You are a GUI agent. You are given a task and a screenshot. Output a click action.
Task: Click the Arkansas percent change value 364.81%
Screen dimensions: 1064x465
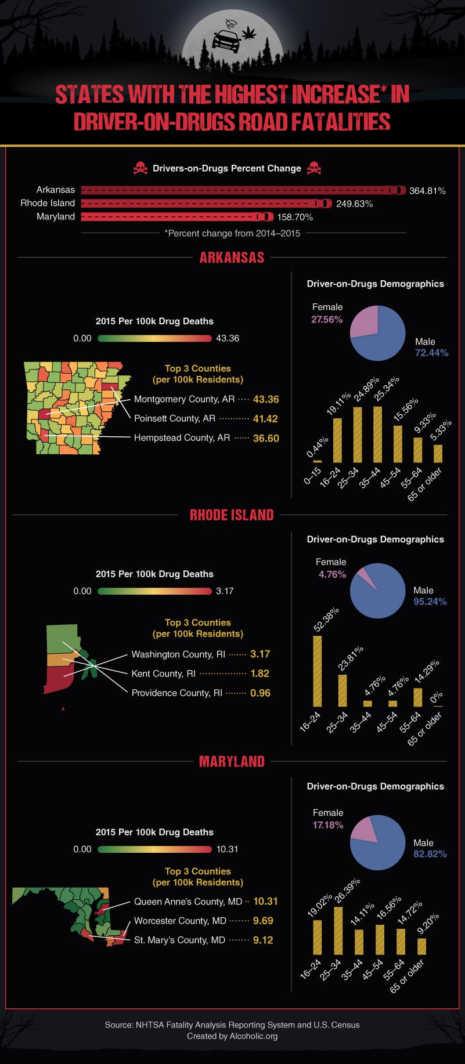pos(427,190)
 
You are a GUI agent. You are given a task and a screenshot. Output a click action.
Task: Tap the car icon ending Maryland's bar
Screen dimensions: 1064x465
pos(265,216)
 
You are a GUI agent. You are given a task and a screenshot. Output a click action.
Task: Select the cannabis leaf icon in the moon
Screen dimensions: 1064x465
pos(249,32)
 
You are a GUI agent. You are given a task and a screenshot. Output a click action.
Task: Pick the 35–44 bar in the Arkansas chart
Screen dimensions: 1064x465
pos(377,434)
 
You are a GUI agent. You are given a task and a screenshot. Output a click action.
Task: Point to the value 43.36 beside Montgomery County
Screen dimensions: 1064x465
pos(266,399)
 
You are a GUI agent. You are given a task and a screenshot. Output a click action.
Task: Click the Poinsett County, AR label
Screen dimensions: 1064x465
pos(174,418)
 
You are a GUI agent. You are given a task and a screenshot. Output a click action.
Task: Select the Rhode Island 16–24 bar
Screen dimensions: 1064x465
pos(318,671)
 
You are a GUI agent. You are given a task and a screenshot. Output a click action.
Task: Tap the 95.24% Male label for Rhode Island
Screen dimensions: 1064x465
pos(430,602)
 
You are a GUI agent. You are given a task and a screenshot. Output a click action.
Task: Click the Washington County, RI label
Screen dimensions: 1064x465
pos(178,654)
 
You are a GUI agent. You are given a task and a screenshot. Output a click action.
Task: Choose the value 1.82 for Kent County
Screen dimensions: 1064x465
pos(260,673)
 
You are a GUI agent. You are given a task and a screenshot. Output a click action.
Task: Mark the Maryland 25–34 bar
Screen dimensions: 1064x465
pos(338,930)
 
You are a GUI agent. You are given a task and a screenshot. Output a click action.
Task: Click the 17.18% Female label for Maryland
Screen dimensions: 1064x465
pos(328,825)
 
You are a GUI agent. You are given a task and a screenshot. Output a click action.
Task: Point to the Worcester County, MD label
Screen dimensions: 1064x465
pos(180,921)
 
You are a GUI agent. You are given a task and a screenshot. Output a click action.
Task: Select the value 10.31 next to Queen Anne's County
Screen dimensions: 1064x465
pos(265,901)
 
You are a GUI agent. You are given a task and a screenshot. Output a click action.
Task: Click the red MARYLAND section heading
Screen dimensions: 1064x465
pos(232,761)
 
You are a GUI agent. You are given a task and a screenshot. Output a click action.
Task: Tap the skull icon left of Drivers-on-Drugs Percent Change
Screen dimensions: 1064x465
pos(140,169)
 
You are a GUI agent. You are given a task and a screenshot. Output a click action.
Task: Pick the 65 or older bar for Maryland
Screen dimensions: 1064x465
pos(421,946)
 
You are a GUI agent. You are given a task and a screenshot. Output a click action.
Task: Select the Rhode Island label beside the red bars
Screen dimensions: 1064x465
pos(48,203)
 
